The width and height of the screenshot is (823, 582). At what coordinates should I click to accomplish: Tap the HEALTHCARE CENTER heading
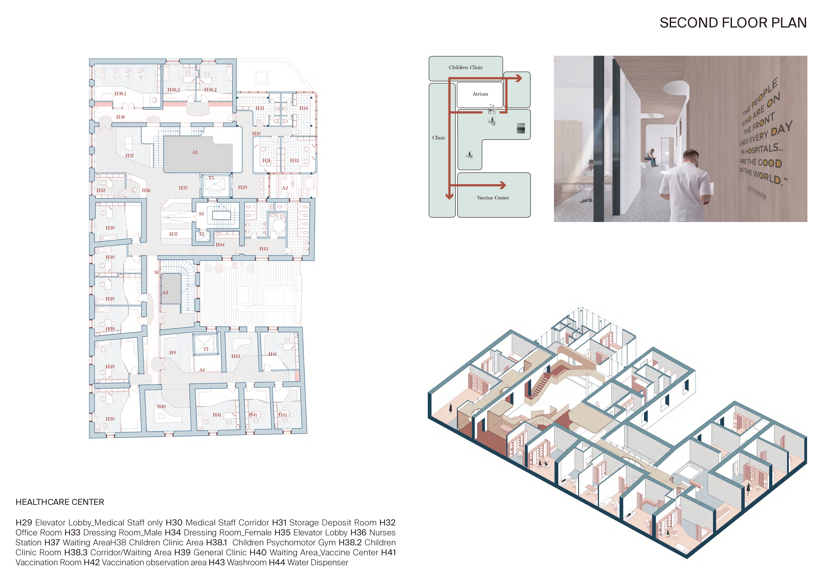click(60, 502)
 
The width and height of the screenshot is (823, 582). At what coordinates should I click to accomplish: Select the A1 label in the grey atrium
click(195, 152)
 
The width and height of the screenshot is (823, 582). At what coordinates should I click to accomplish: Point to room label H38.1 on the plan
click(120, 94)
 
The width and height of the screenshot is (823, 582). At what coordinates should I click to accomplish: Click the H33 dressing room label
click(260, 108)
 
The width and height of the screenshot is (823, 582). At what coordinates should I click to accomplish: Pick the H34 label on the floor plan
click(304, 108)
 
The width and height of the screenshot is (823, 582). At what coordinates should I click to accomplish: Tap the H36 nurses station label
click(146, 190)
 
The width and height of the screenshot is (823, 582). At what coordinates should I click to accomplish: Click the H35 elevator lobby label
click(183, 188)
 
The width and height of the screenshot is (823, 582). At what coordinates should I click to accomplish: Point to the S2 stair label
click(201, 214)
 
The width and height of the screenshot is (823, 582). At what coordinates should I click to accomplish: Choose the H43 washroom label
click(264, 249)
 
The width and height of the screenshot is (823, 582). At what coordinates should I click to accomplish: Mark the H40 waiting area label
click(161, 407)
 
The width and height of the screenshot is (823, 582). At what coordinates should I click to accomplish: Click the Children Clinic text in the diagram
click(466, 67)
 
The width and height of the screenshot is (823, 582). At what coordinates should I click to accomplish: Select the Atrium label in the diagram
click(480, 94)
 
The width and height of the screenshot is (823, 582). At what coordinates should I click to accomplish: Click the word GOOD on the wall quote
click(770, 163)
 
